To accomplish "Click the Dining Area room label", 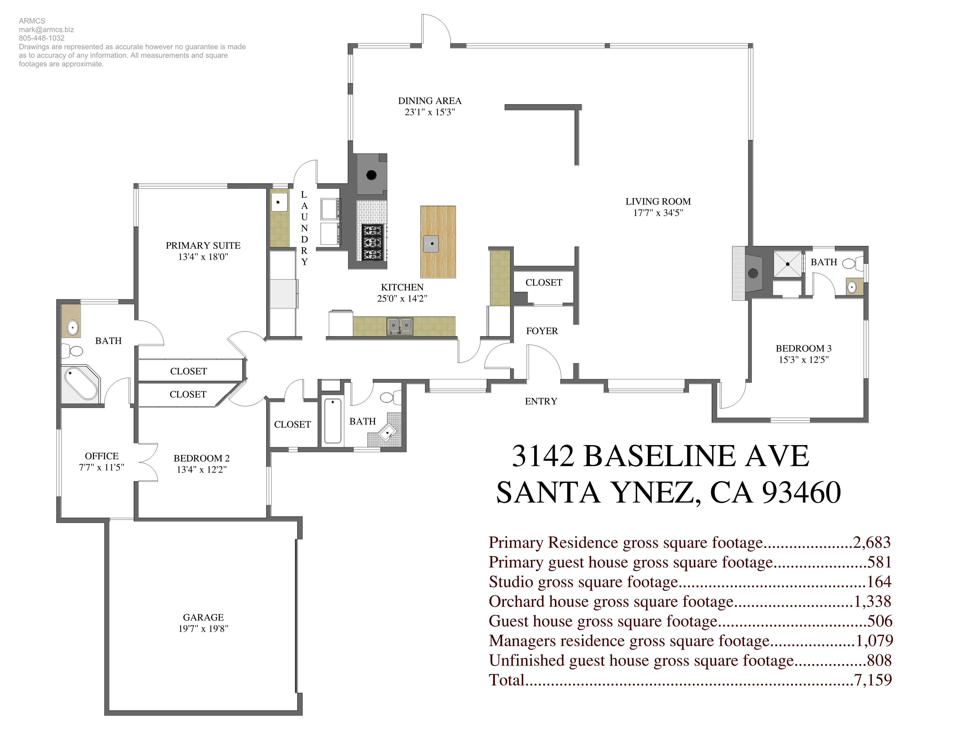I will [430, 101].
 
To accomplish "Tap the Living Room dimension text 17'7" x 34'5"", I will [658, 213].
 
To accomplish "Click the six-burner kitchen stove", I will [372, 242].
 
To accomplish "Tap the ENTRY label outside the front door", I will [541, 401].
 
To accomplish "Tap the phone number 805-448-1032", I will [42, 38].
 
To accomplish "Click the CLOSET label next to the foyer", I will [543, 283].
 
